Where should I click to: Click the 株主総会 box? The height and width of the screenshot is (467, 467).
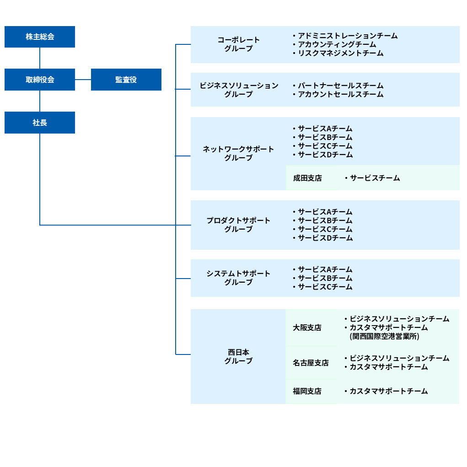click(x=40, y=37)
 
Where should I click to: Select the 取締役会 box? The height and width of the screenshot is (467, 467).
click(x=40, y=80)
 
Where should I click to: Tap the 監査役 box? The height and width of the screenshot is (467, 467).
click(x=126, y=80)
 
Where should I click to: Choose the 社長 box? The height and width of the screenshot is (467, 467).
click(x=40, y=123)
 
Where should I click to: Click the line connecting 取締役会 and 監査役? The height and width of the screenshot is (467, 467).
click(x=83, y=80)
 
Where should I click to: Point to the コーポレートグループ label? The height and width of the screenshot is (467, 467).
click(x=238, y=44)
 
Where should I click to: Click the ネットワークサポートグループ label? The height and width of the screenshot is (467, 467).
click(x=238, y=153)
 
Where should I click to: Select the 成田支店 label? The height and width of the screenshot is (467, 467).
click(x=307, y=178)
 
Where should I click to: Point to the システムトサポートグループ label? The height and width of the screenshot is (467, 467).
click(x=238, y=278)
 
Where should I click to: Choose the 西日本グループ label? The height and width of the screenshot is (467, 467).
click(x=238, y=356)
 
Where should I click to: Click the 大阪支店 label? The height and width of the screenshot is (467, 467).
click(x=307, y=327)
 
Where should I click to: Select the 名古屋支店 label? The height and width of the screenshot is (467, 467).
click(x=311, y=363)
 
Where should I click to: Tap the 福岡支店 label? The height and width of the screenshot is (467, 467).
click(x=307, y=391)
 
